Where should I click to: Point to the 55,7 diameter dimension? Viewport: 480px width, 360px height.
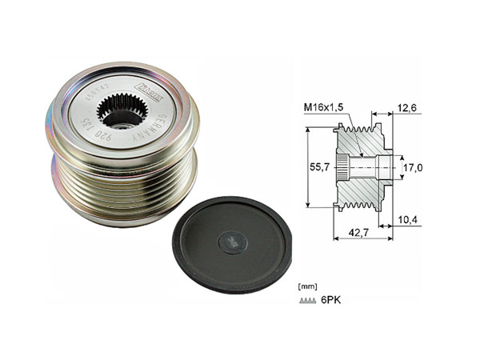tap(319, 166)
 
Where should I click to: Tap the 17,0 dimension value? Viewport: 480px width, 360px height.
tap(414, 167)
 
